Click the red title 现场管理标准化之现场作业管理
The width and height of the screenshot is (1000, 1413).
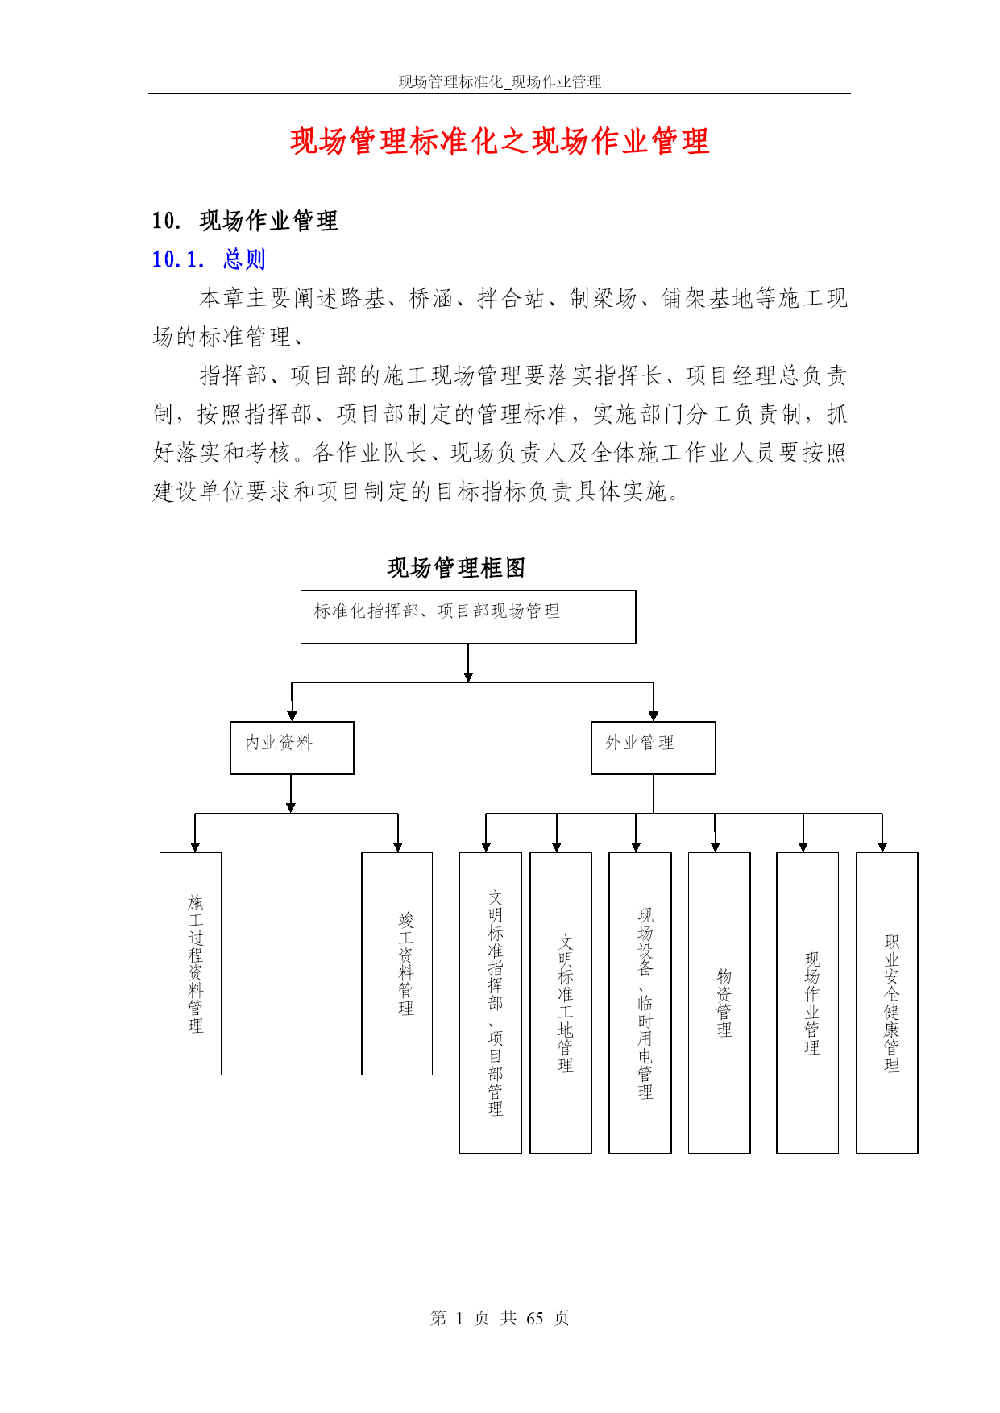coord(500,141)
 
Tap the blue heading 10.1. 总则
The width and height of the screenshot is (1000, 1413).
coord(209,259)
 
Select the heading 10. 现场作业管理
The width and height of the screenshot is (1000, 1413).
coord(245,220)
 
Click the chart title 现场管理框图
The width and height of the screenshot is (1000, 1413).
coord(456,567)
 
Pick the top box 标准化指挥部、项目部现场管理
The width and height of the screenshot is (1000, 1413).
coord(468,617)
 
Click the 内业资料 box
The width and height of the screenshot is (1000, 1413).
coord(292,748)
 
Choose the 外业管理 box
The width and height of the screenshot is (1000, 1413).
coord(653,748)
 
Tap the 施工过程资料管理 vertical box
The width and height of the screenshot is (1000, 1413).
coord(191,963)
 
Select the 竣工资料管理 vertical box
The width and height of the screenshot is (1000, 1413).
coord(396,963)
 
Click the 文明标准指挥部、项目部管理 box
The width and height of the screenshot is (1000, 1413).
coord(490,1003)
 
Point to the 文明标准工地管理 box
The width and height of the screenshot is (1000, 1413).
coord(561,1003)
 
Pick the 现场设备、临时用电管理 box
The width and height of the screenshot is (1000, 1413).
coord(640,1003)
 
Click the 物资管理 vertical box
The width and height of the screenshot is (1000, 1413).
coord(719,1003)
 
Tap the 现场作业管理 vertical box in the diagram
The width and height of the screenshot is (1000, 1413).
coord(807,1003)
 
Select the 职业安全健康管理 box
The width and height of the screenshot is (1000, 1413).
coord(886,1003)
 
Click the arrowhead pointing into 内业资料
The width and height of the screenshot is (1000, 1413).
coord(292,715)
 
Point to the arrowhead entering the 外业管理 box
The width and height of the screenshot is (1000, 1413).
coord(653,715)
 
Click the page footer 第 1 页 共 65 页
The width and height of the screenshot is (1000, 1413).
coord(500,1318)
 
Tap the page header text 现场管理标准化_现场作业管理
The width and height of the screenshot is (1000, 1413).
coord(500,81)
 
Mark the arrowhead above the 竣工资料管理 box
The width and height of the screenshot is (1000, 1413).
coord(397,847)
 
